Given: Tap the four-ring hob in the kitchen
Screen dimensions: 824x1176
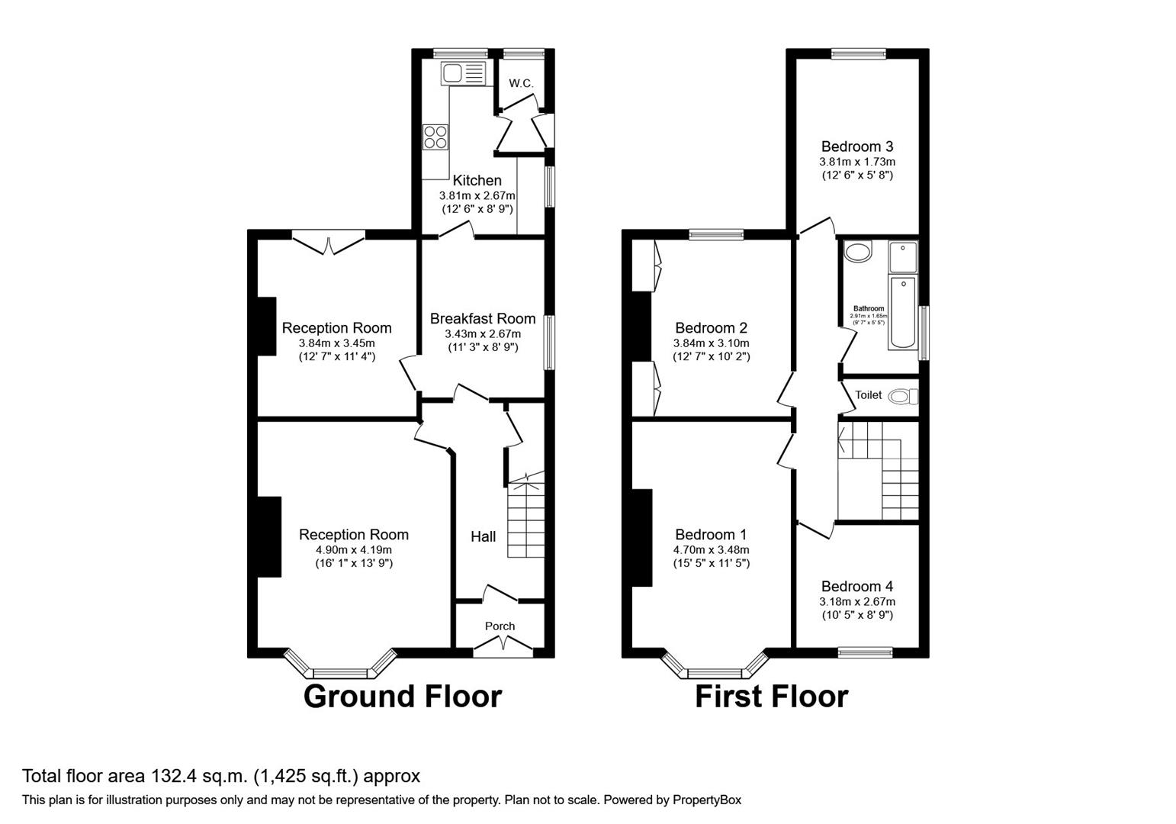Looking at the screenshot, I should coord(435,137).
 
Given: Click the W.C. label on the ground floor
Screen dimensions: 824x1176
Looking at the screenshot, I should coord(521,83).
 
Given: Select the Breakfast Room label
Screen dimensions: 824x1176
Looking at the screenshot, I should coord(482,319).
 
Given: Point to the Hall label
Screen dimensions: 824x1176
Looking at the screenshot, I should coord(483,536).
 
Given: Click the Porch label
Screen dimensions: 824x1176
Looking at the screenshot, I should coord(500,626).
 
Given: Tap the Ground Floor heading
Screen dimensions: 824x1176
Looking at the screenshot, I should coord(402,697).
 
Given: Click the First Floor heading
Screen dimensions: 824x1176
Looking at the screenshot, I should coord(771,697).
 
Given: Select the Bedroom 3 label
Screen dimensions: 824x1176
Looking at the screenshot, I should coord(857,146).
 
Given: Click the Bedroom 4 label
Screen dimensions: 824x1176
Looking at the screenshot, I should coord(857,587).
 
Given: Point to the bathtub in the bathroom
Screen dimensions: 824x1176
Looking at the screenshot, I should coord(903,313).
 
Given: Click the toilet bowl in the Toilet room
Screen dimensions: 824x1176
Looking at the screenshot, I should coord(903,396).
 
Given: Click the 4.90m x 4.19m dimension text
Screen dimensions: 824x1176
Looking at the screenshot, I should coord(353,550).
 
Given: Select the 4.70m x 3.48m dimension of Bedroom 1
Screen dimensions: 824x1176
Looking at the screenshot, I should coord(711,550).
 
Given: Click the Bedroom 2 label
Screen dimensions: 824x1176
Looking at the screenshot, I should coord(711,329).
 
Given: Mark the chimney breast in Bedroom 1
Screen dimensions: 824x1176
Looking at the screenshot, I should coord(642,537).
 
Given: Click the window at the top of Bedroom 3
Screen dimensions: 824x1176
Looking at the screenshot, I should coord(858,53).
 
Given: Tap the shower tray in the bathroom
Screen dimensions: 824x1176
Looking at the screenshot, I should coord(903,256).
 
